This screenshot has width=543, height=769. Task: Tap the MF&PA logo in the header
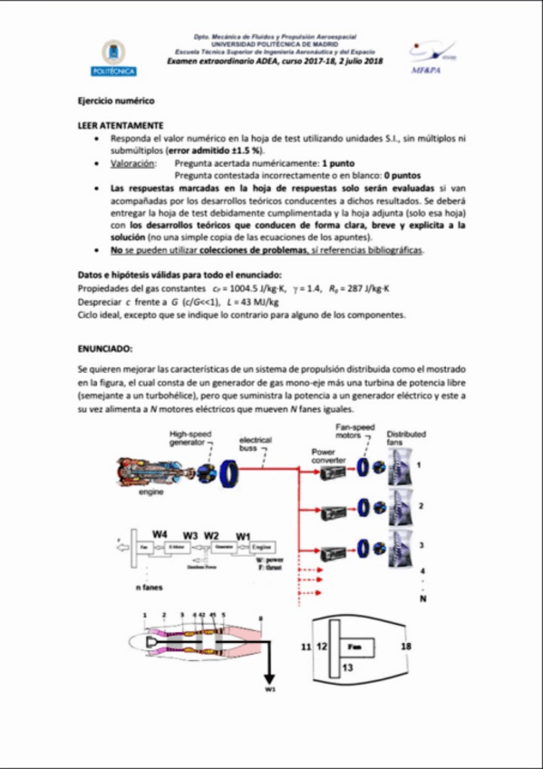tap(428, 56)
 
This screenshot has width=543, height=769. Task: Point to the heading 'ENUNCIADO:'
tap(105, 346)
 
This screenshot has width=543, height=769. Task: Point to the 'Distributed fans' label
tap(406, 440)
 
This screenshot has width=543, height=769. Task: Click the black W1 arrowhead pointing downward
tap(270, 681)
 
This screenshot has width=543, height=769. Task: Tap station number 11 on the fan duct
tap(305, 647)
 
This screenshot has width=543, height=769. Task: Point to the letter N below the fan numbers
tap(422, 599)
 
